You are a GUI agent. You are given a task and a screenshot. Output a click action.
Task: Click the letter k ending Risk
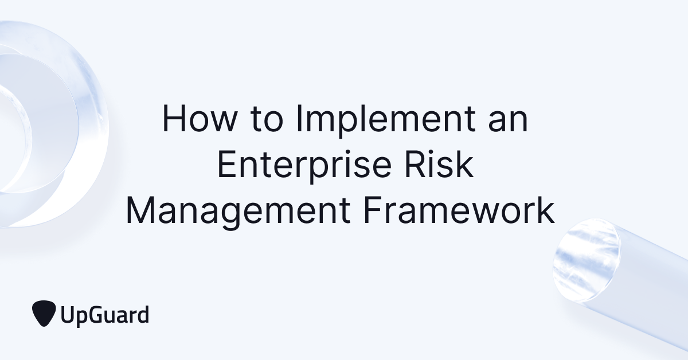466,166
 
